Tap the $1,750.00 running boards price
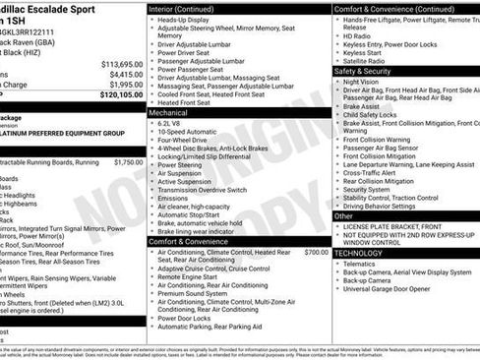(128, 162)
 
